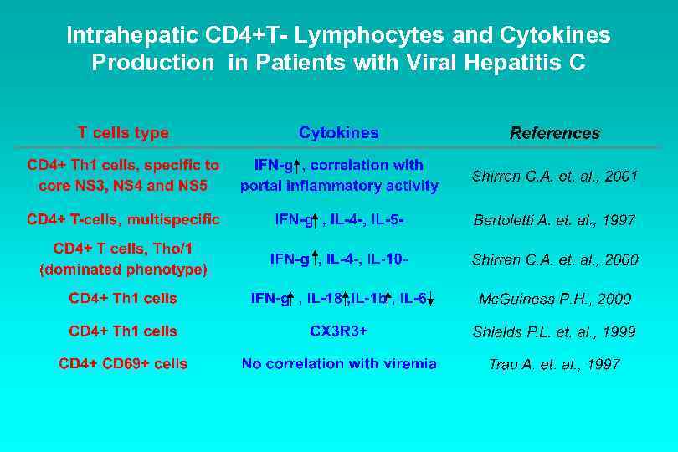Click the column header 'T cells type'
tap(123, 133)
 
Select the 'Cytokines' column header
tap(338, 133)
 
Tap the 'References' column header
tap(555, 133)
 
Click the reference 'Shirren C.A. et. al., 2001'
tap(555, 177)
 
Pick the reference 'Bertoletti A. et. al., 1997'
tap(554, 221)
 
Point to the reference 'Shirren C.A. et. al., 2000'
tap(555, 260)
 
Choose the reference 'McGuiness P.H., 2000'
tap(555, 299)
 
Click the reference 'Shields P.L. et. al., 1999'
tap(554, 332)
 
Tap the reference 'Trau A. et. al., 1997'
tap(554, 365)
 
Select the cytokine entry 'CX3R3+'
tap(338, 331)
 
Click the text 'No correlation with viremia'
tap(338, 364)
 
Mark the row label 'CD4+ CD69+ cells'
tap(123, 364)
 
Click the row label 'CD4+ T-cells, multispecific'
tap(123, 220)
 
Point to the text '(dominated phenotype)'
tap(123, 270)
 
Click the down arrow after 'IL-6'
tap(429, 299)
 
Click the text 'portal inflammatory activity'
tap(338, 186)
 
